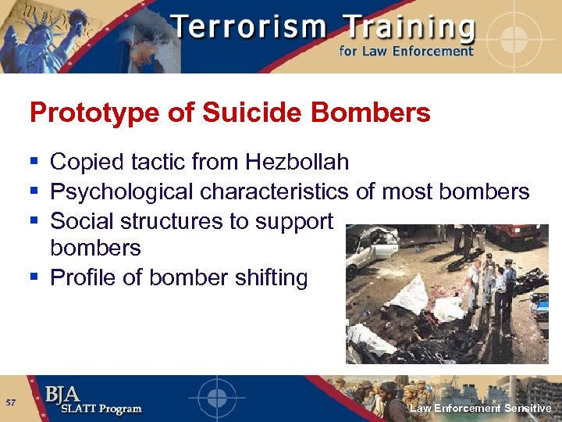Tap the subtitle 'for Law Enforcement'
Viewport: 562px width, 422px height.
tap(406, 52)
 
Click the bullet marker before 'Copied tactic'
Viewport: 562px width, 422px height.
tap(35, 163)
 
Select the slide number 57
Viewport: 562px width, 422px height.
tap(11, 402)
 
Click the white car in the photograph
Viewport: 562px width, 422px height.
tap(372, 248)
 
